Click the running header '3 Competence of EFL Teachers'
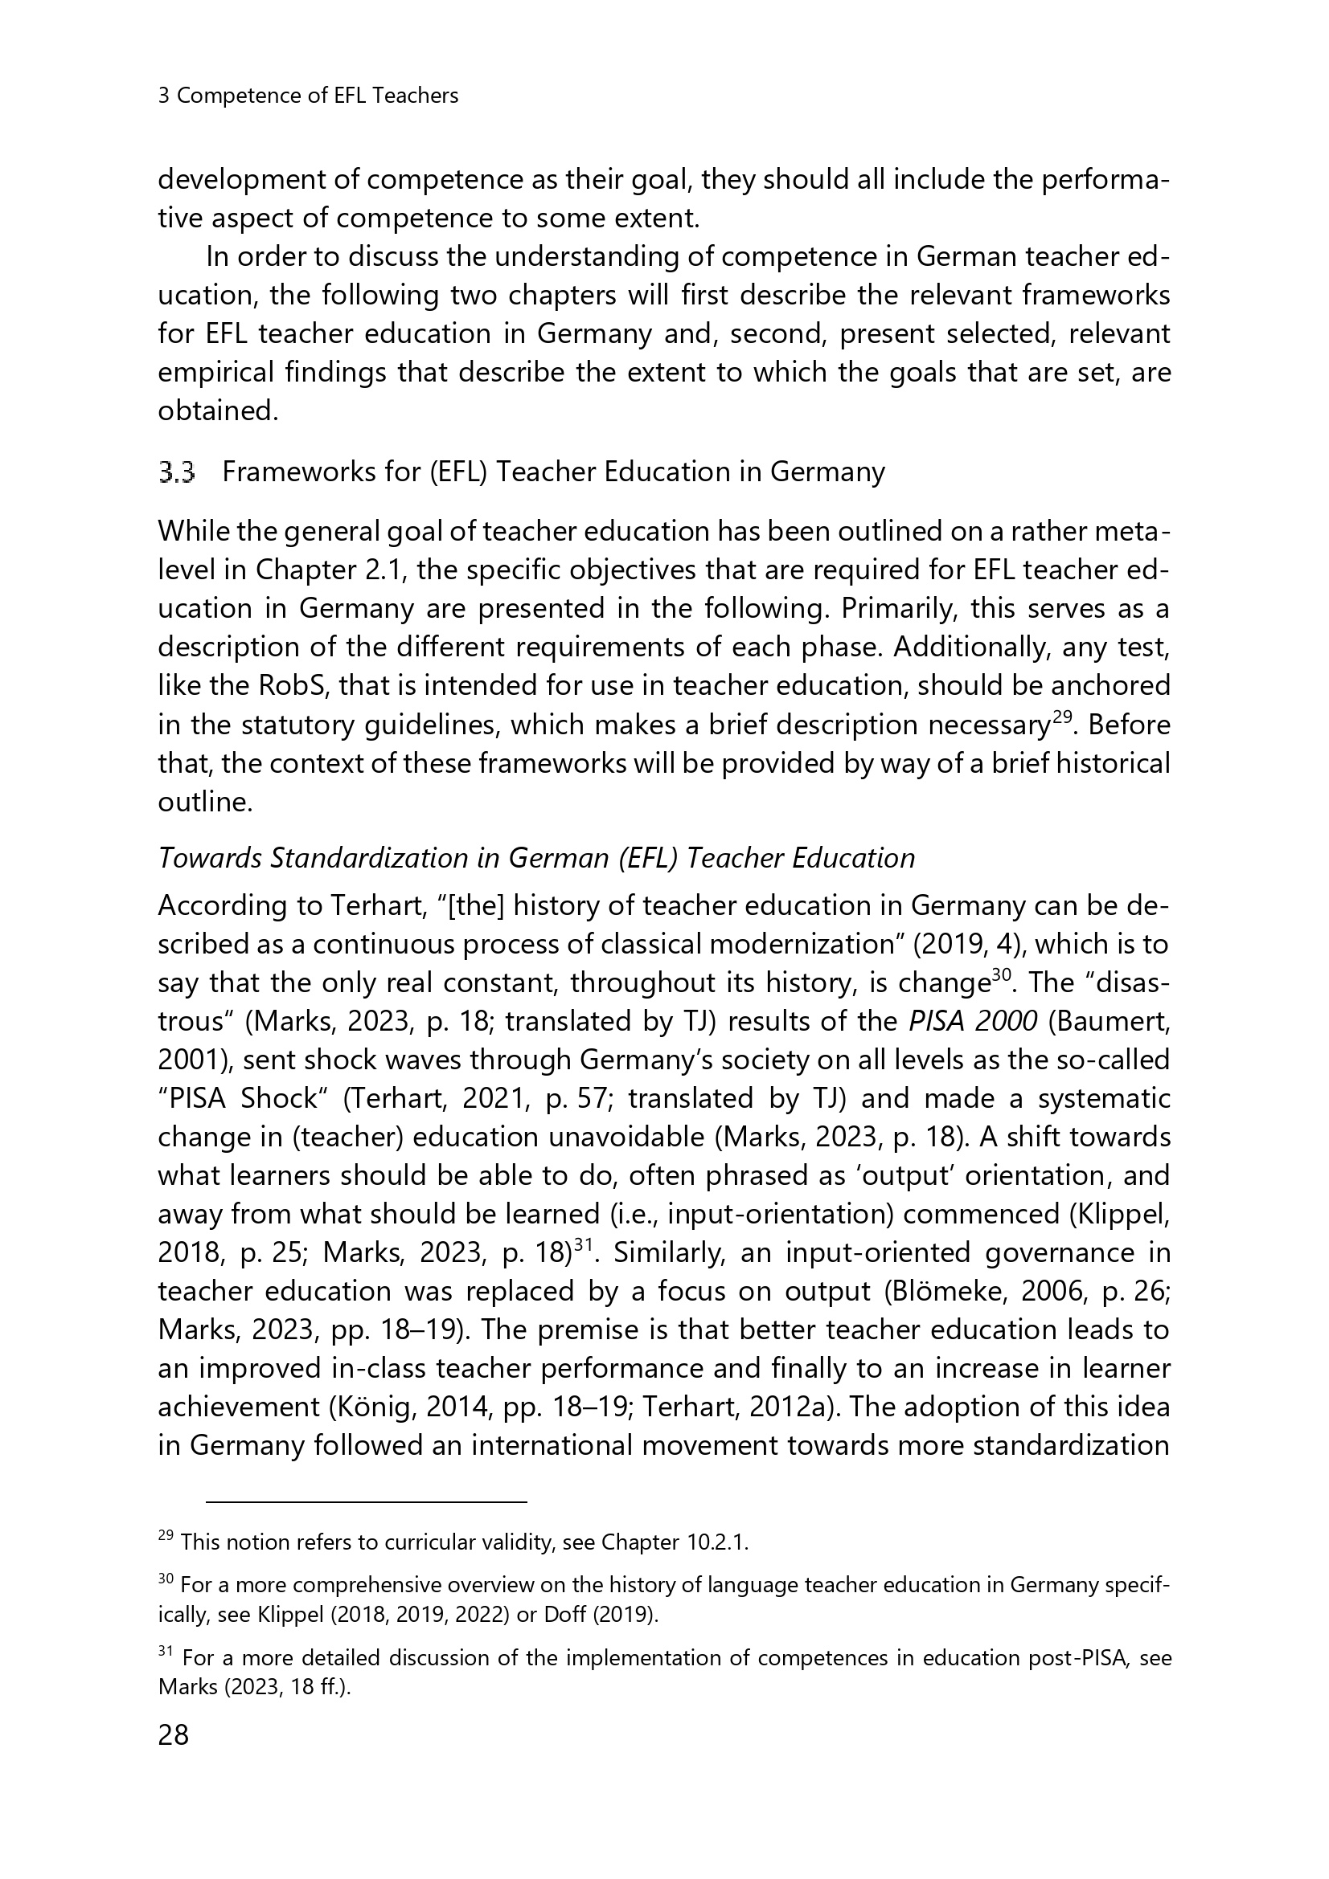pos(308,96)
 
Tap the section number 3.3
pos(177,472)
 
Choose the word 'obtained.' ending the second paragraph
pos(218,411)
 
